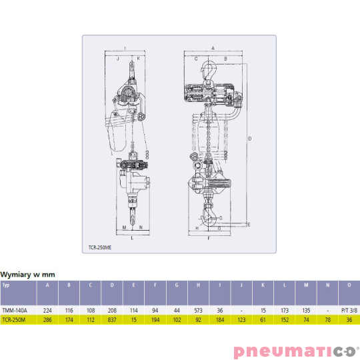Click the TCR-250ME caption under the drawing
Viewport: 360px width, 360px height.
click(100, 247)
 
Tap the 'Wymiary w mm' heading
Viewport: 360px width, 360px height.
click(27, 275)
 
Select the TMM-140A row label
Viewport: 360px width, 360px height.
click(15, 311)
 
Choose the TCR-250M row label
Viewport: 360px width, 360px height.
click(14, 320)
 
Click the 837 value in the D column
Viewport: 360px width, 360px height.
click(112, 320)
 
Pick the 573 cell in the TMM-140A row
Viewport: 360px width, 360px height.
click(198, 311)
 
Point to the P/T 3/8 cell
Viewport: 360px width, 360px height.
click(349, 311)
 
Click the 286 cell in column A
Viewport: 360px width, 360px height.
click(47, 320)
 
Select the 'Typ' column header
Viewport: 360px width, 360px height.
click(6, 285)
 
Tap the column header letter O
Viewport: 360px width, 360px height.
click(349, 285)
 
